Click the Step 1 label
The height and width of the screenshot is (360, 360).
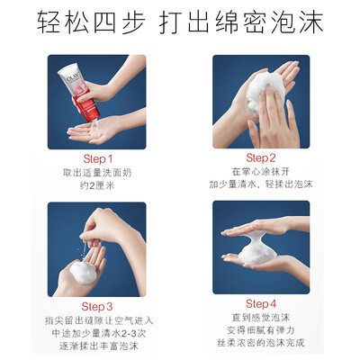97,159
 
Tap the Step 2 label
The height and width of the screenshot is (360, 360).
261,157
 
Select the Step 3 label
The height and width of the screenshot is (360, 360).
97,307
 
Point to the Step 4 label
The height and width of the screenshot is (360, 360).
261,304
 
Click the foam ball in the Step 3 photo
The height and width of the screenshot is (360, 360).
83,272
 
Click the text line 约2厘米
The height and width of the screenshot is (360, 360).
97,185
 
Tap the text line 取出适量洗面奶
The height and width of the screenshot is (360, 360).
97,173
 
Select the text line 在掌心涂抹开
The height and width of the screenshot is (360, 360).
261,171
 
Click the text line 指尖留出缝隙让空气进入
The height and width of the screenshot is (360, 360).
99,320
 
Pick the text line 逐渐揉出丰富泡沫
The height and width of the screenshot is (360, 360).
99,346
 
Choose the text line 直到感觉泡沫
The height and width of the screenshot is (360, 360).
261,318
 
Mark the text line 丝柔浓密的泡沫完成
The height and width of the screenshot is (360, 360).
261,343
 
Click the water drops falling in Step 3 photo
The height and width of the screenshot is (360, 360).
84,249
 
